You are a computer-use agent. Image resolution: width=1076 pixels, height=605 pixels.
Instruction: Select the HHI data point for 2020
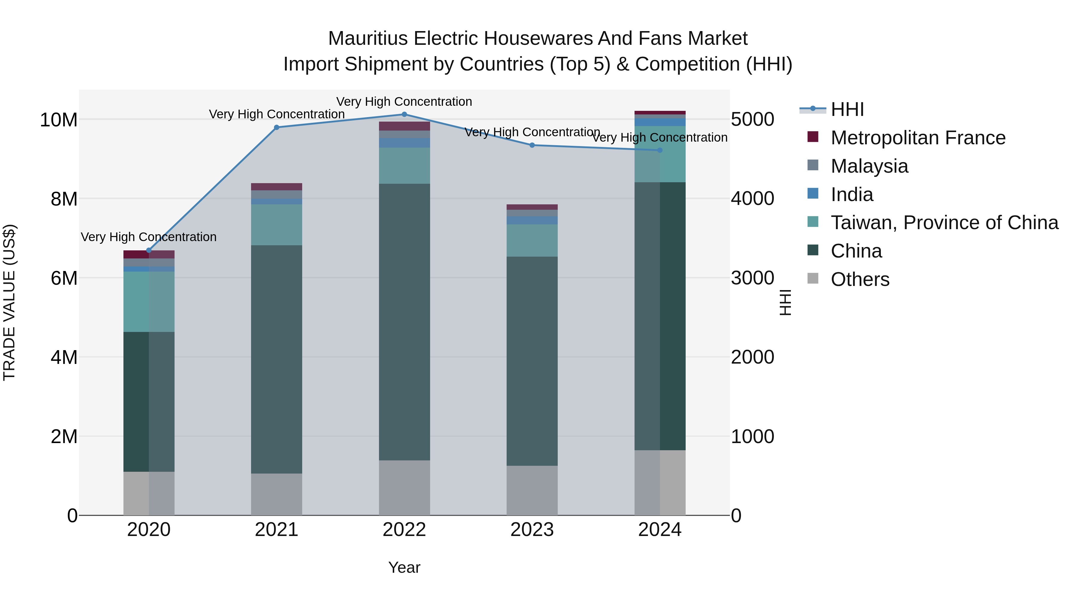149,250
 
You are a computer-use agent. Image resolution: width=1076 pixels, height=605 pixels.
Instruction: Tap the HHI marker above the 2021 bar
276,127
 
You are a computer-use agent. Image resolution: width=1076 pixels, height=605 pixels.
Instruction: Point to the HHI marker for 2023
532,145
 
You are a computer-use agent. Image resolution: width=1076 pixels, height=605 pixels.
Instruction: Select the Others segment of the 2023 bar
532,490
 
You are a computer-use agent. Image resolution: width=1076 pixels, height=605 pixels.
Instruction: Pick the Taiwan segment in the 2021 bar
276,225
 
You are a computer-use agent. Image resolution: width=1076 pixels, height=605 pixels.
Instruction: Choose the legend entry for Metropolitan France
918,138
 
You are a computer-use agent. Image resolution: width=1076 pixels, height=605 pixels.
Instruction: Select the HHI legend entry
847,109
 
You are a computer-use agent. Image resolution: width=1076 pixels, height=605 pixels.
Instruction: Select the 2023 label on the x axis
532,530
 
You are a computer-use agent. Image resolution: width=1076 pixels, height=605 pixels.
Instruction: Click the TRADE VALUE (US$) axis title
9,302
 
